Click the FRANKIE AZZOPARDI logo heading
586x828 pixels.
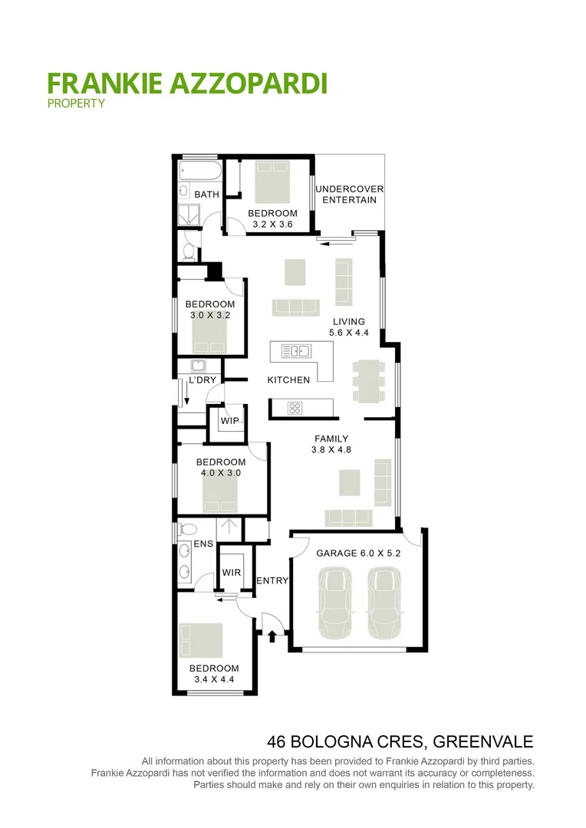click(x=187, y=82)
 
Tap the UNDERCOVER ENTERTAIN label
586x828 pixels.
click(x=350, y=194)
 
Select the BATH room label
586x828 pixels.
click(x=206, y=195)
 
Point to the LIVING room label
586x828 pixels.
click(x=348, y=321)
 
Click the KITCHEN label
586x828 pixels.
click(x=288, y=379)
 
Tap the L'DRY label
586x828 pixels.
click(x=202, y=380)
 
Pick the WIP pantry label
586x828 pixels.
click(x=229, y=421)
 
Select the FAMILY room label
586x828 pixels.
click(x=331, y=439)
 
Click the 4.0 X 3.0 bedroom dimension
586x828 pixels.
click(x=221, y=473)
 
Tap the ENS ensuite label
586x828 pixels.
click(x=202, y=544)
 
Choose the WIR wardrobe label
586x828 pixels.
click(x=232, y=573)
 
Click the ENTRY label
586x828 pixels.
click(x=272, y=580)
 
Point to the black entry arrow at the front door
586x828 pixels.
click(x=272, y=636)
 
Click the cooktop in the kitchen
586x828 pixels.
click(x=295, y=408)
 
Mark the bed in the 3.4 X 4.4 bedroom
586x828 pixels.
click(x=200, y=640)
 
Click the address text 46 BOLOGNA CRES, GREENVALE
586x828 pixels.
click(x=400, y=741)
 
